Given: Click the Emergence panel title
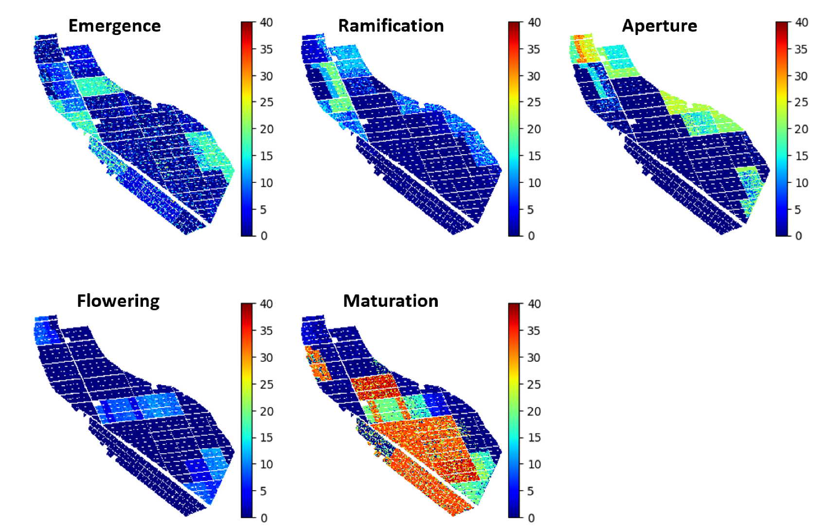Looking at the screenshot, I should coord(114,26).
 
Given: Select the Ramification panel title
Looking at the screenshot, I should coord(391,26).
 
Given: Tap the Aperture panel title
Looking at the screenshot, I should coord(659,26).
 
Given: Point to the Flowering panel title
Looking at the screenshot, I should coord(118,301).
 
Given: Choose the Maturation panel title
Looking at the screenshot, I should coord(391,301).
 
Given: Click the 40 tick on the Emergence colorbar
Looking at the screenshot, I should coord(266,22).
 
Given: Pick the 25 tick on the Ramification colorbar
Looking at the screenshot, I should coord(534,102).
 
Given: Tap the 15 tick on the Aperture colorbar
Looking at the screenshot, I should coord(801,156).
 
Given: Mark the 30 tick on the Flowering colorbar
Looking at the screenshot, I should coord(266,357).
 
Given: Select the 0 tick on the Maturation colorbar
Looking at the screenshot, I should coord(531,518).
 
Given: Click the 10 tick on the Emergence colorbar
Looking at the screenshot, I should coord(266,183).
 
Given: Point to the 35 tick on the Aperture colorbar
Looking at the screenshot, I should coord(801,49).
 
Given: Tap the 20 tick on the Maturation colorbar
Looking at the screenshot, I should coord(534,411).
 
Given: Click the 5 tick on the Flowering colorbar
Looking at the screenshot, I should coord(263,491).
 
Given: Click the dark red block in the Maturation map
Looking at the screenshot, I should coord(375,386).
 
